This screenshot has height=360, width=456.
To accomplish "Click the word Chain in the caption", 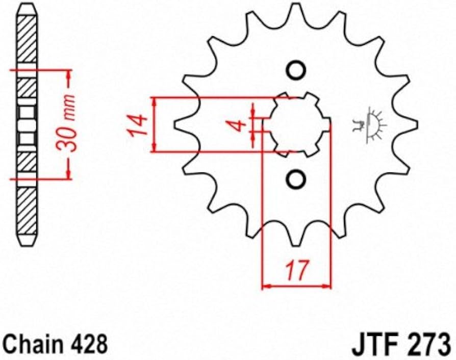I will (29, 344).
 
